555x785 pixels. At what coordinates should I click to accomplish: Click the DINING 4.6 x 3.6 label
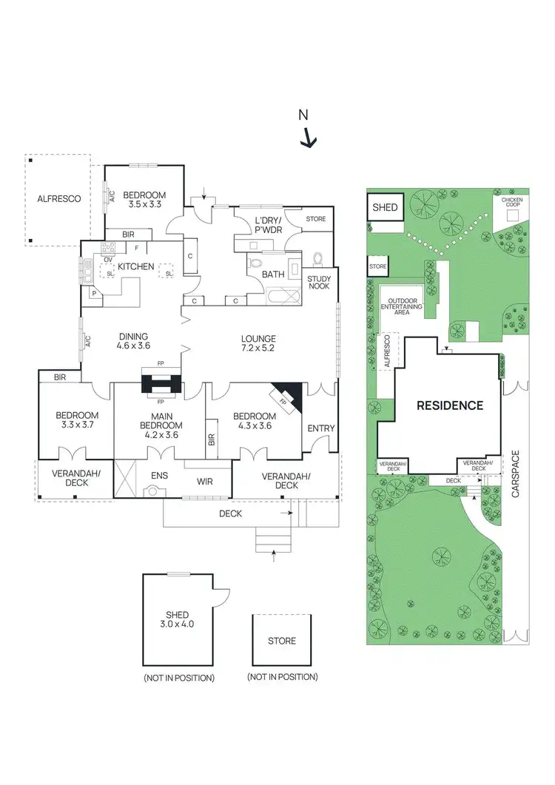click(x=134, y=340)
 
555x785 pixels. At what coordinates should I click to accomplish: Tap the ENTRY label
click(x=320, y=428)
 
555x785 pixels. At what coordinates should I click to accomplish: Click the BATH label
click(x=273, y=274)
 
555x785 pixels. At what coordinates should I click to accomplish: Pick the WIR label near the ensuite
click(x=205, y=482)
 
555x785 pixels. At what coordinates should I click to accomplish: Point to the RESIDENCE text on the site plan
click(x=449, y=405)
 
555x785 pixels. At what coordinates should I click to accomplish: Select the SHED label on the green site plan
click(x=385, y=208)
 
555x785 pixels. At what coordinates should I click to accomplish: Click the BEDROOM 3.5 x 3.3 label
click(x=144, y=199)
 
